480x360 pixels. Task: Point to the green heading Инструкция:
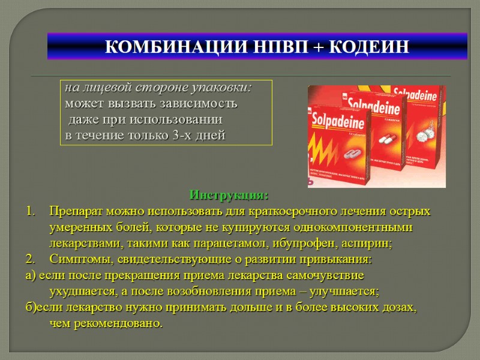[229, 196]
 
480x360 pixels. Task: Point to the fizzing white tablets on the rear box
[430, 128]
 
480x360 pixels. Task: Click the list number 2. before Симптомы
[31, 259]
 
